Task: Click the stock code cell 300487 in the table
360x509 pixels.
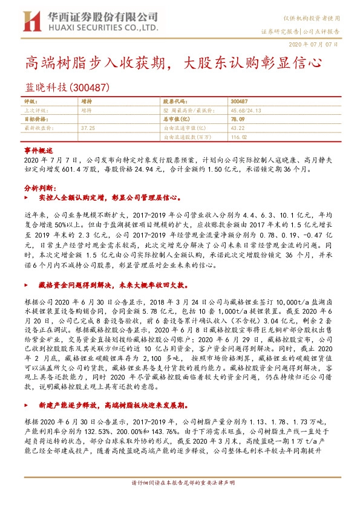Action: point(240,102)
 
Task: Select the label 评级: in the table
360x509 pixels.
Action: point(31,102)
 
